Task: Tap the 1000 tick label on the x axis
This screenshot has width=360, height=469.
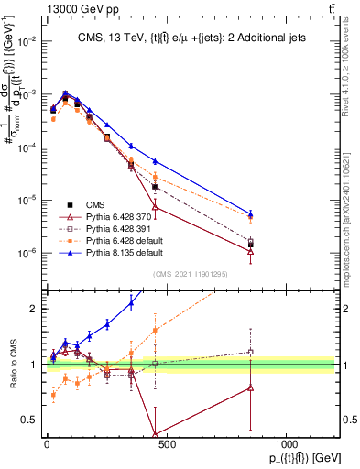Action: (286, 444)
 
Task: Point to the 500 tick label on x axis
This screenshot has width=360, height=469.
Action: (166, 444)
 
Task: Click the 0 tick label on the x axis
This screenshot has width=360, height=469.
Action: (47, 444)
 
